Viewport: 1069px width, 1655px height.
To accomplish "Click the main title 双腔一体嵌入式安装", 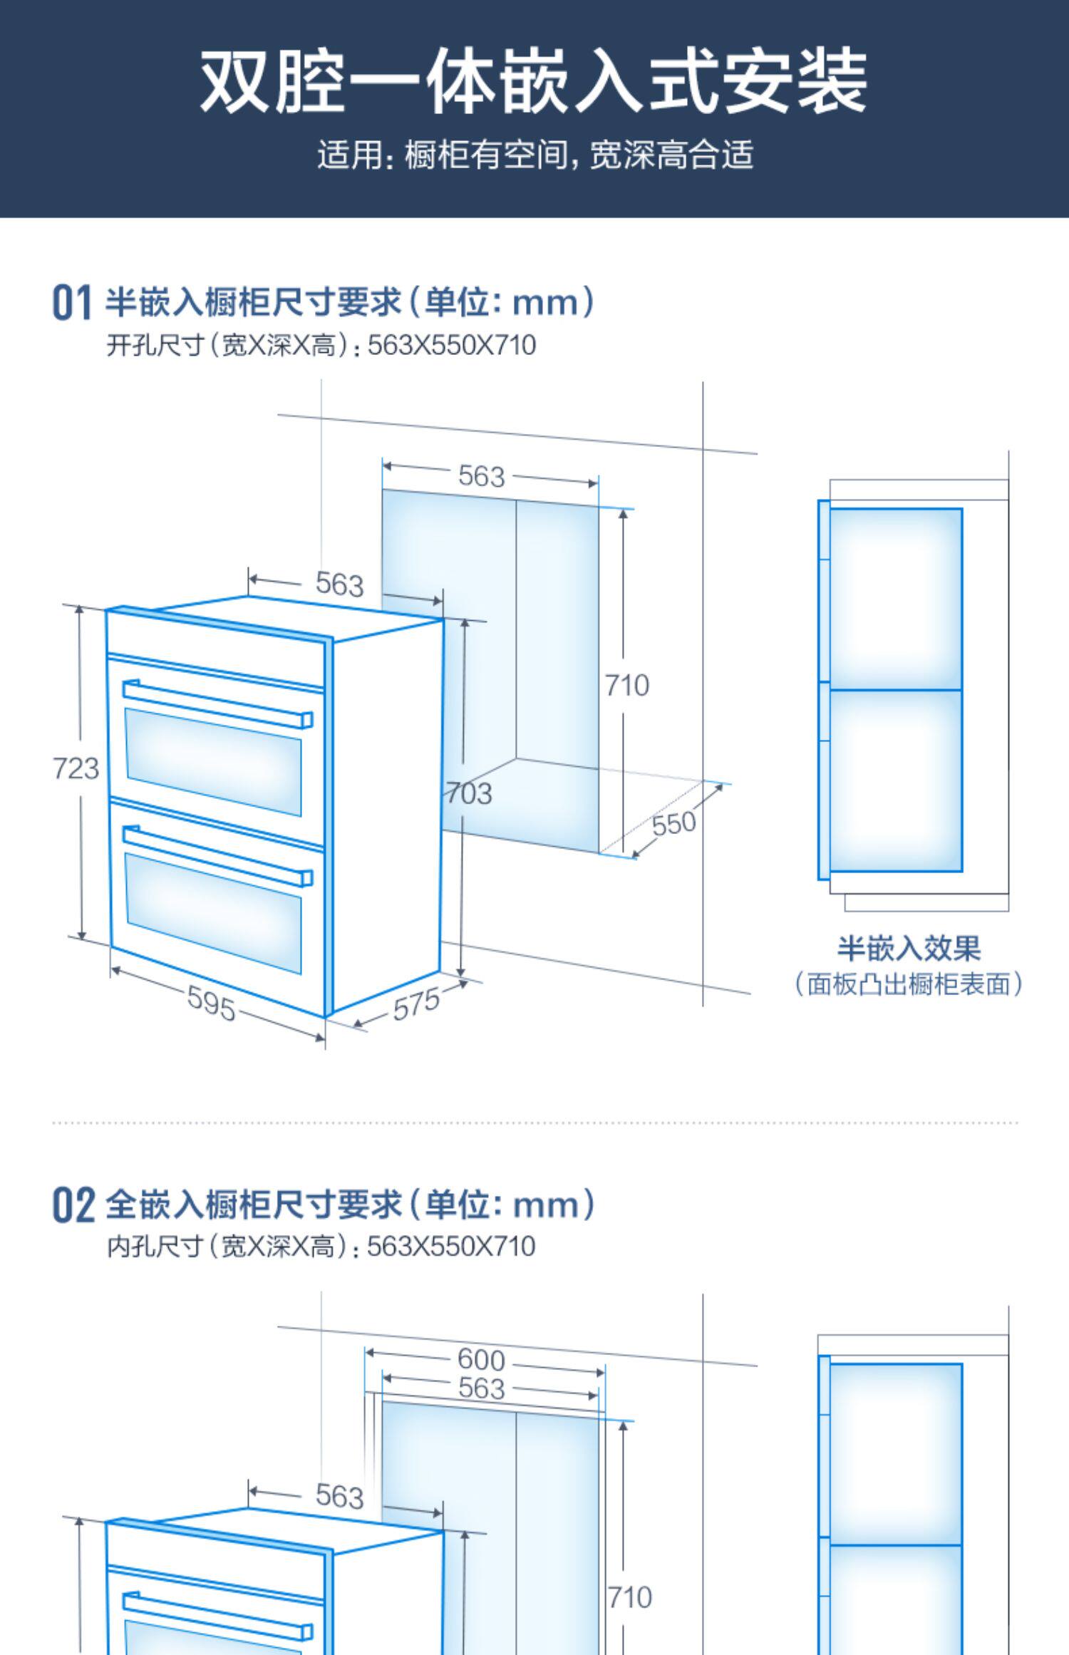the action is pyautogui.click(x=533, y=82).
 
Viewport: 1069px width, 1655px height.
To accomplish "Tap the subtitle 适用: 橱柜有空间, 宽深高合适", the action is pyautogui.click(x=534, y=155).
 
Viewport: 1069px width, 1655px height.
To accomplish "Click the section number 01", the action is pyautogui.click(x=72, y=302).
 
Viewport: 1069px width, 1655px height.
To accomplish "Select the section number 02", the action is pyautogui.click(x=73, y=1205).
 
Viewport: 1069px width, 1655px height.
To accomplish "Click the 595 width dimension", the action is pyautogui.click(x=211, y=1003).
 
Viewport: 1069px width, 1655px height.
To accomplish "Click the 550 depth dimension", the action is pyautogui.click(x=673, y=823).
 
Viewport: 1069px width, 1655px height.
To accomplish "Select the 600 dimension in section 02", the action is pyautogui.click(x=481, y=1360).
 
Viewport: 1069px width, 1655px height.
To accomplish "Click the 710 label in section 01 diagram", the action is pyautogui.click(x=627, y=686).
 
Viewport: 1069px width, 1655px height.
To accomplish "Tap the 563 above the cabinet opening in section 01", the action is pyautogui.click(x=481, y=476).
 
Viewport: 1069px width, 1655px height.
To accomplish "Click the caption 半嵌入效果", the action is pyautogui.click(x=909, y=949).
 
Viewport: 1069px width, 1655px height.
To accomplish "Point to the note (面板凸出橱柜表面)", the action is pyautogui.click(x=909, y=984).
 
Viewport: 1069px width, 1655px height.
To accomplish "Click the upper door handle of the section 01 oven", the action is pyautogui.click(x=217, y=703).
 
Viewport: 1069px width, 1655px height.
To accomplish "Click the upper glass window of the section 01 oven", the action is pyautogui.click(x=213, y=762).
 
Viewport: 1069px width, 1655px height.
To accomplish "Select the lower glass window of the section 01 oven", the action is pyautogui.click(x=213, y=913).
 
